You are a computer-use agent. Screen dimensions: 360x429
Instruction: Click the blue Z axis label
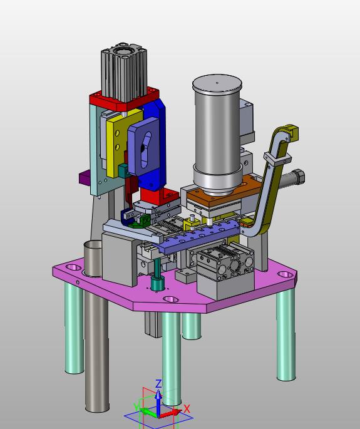pos(158,383)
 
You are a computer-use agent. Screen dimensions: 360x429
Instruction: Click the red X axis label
pos(187,409)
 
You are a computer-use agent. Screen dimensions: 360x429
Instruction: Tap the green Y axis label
pos(136,407)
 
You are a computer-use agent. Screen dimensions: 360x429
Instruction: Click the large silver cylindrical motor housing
pos(217,134)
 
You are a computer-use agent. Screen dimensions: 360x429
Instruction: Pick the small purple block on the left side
pos(85,177)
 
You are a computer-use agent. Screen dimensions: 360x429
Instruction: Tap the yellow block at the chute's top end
pos(292,133)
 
